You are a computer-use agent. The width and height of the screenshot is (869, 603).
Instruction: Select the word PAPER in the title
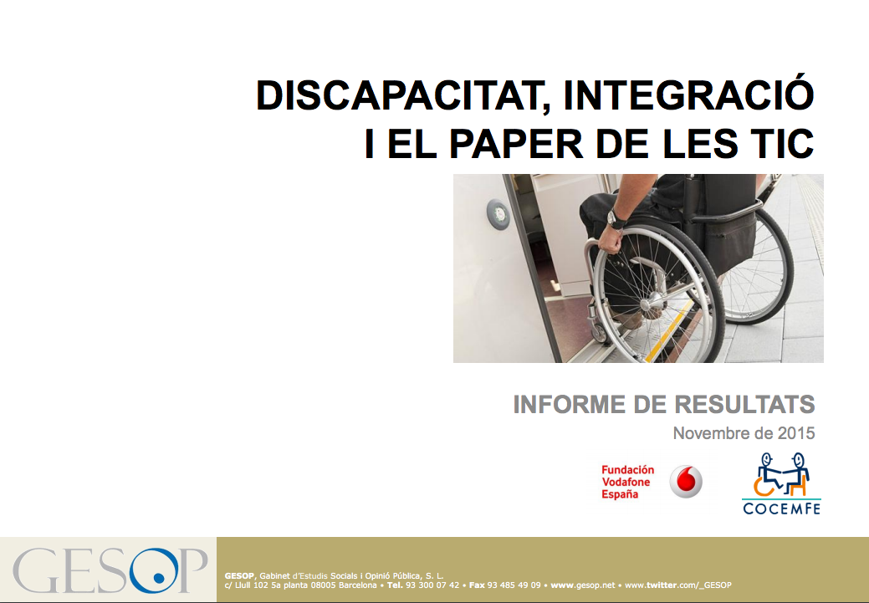[x=515, y=143]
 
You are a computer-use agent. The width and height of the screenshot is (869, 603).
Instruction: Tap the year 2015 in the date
[x=796, y=433]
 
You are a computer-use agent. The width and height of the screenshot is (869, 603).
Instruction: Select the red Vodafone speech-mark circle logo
[x=686, y=481]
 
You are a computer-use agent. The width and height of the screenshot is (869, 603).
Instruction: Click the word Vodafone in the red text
[x=626, y=482]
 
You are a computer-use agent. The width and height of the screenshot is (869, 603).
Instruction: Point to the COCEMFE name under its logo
[x=781, y=508]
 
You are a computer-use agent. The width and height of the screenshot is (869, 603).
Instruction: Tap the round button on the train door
[x=498, y=214]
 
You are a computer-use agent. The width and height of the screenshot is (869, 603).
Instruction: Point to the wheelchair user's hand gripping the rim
[x=611, y=239]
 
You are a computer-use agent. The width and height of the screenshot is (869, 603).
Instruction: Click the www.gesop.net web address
[x=582, y=585]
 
